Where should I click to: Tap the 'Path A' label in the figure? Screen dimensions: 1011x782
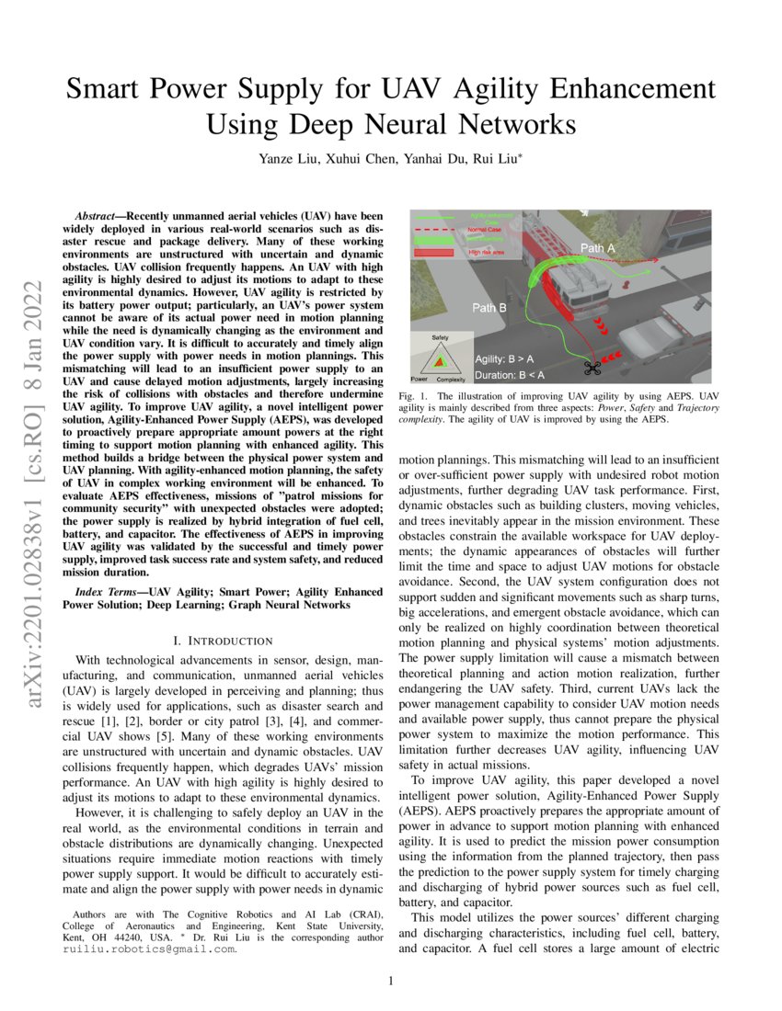pyautogui.click(x=598, y=249)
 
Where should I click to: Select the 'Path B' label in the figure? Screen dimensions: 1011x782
pyautogui.click(x=489, y=308)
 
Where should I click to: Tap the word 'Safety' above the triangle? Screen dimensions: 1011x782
pyautogui.click(x=439, y=338)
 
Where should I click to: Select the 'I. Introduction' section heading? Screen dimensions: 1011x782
pyautogui.click(x=222, y=640)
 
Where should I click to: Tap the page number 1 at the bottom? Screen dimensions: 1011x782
pyautogui.click(x=391, y=982)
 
